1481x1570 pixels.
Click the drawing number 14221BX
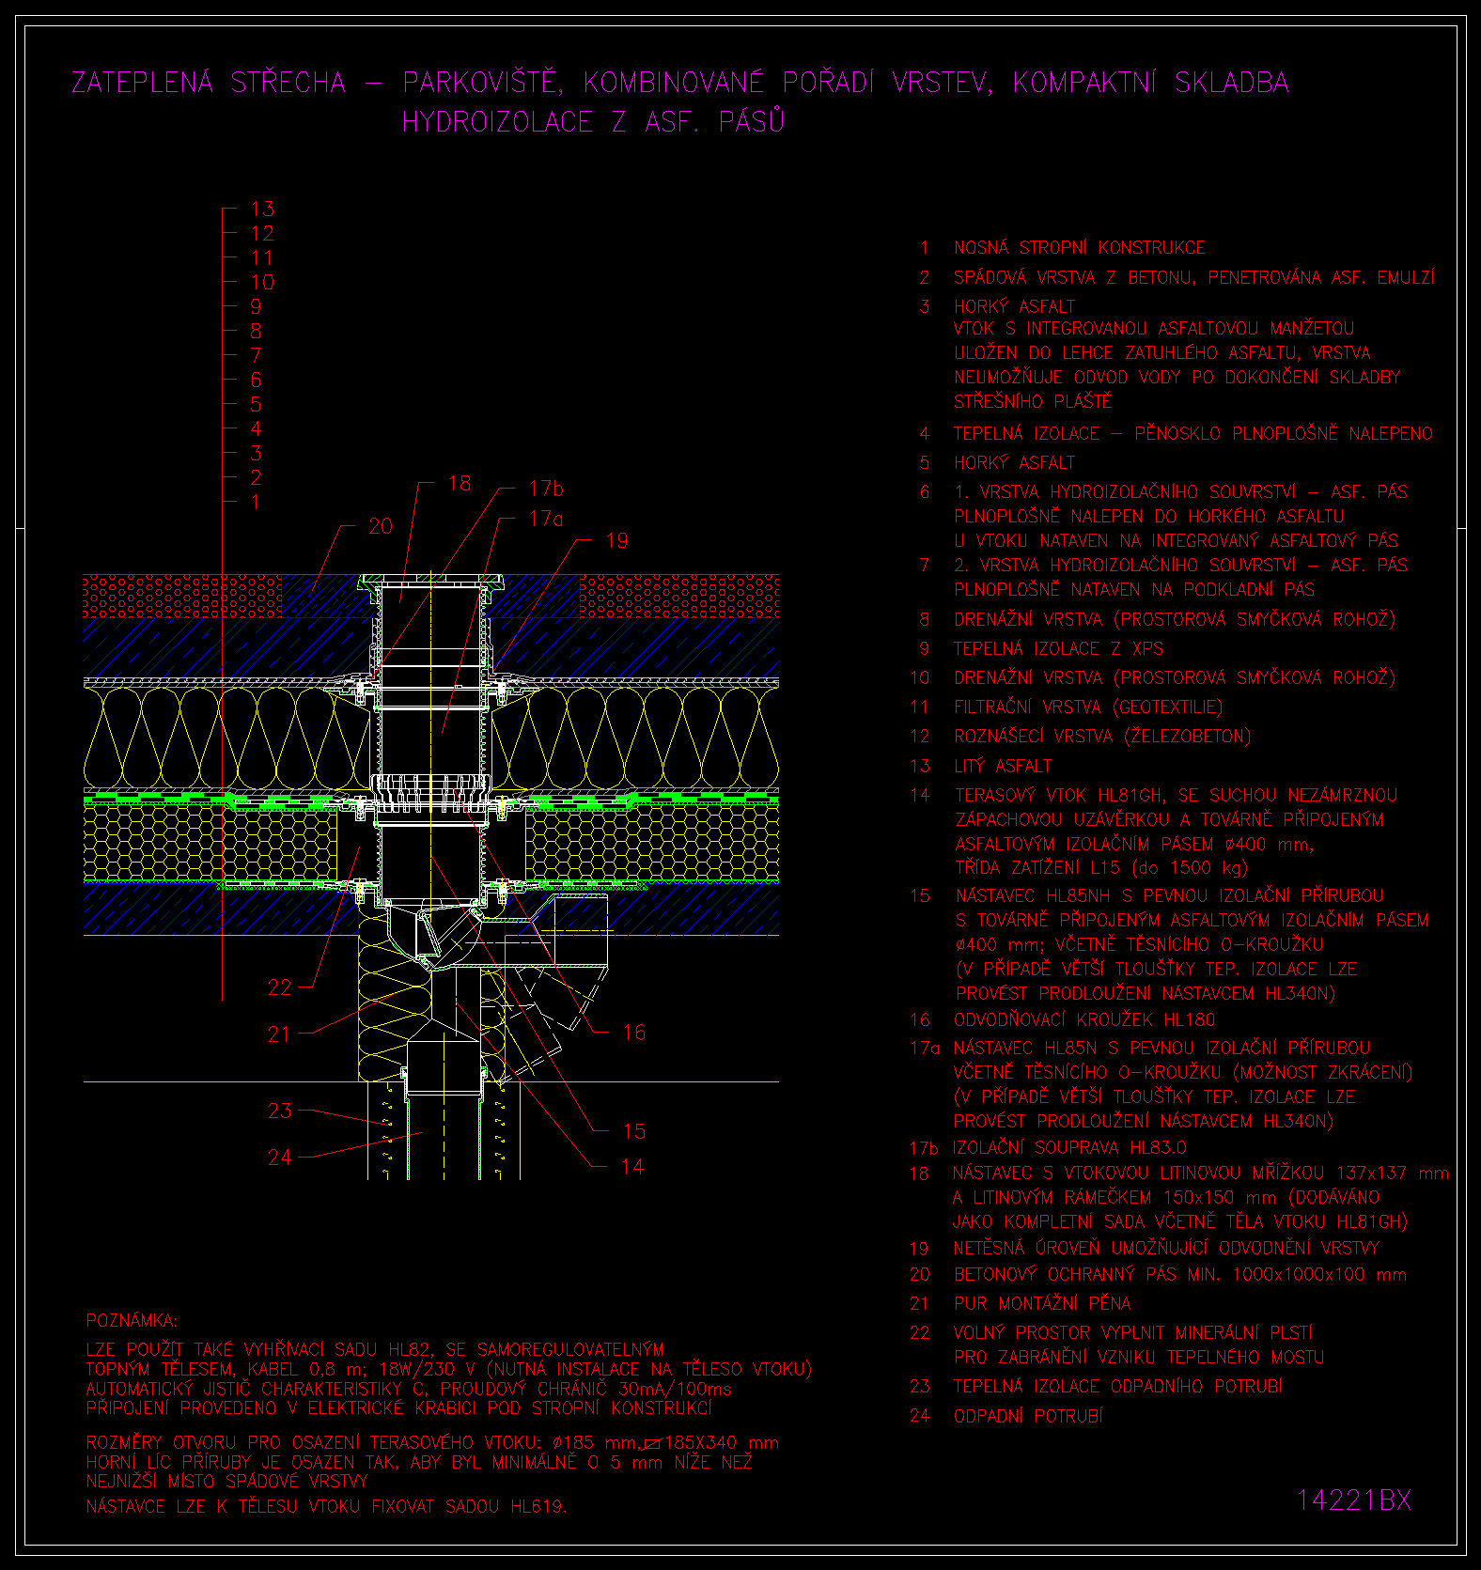(x=1354, y=1500)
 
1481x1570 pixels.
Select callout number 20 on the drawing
(x=381, y=526)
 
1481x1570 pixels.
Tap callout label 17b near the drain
(x=546, y=488)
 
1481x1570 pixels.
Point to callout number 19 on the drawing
(x=616, y=540)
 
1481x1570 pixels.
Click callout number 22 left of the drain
(x=280, y=987)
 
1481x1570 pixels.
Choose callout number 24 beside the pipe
(x=280, y=1158)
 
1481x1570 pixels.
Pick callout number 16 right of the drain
(x=634, y=1033)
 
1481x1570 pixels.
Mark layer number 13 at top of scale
(x=262, y=209)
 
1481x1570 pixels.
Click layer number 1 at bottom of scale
(x=256, y=502)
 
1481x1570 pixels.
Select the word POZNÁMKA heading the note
(x=132, y=1321)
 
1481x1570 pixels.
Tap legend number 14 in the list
(x=920, y=795)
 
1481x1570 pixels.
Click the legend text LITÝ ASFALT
(x=1003, y=766)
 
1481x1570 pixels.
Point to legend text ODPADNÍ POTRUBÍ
(x=1028, y=1416)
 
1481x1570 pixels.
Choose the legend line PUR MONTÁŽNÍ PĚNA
(x=1042, y=1303)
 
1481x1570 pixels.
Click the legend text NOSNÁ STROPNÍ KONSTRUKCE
(x=1080, y=248)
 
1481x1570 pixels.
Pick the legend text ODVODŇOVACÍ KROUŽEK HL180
(x=1084, y=1019)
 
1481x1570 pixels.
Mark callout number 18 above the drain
(x=460, y=483)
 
